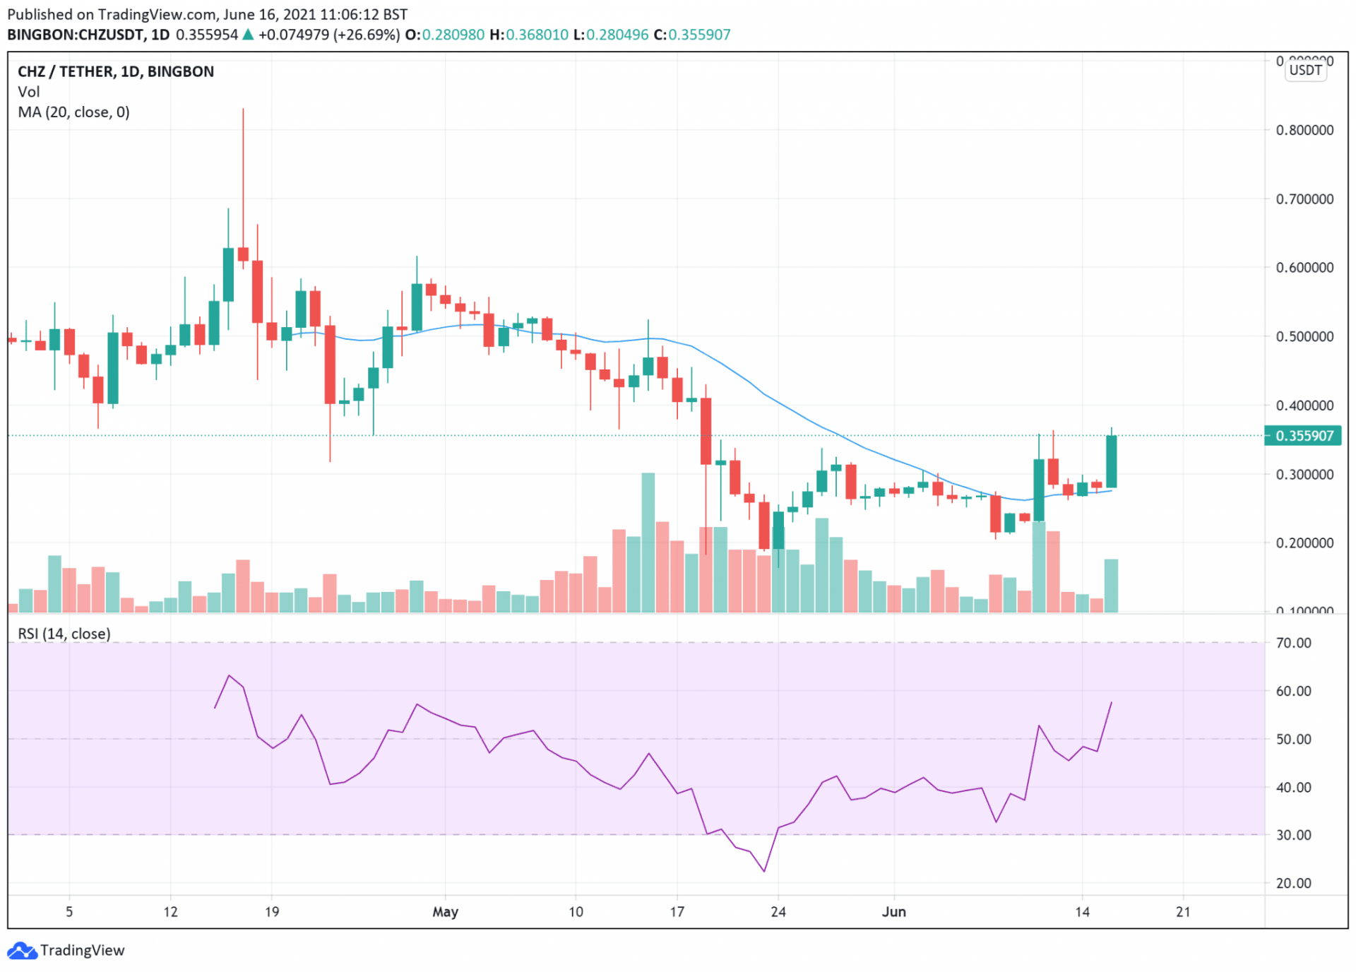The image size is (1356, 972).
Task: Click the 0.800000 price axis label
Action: (x=1304, y=130)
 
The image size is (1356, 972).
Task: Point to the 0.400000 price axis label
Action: (x=1304, y=405)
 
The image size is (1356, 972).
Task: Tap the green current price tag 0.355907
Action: (x=1304, y=436)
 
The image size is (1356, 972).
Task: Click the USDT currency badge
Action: (x=1304, y=70)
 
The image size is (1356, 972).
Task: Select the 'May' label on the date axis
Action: (x=445, y=912)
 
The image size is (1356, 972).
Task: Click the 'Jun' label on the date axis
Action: (x=893, y=912)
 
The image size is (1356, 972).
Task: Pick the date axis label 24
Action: (x=778, y=912)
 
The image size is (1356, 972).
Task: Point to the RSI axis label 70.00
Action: (x=1293, y=643)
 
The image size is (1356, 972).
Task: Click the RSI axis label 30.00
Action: (x=1293, y=835)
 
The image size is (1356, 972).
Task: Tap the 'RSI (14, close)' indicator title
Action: (x=64, y=634)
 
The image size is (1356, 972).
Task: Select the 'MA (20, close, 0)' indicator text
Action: (x=73, y=112)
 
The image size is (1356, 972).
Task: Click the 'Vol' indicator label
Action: (x=28, y=92)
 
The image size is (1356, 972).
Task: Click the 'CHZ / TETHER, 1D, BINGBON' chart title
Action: (x=115, y=71)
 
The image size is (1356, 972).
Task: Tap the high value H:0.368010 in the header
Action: (x=529, y=35)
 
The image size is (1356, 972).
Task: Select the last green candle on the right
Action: (x=1111, y=461)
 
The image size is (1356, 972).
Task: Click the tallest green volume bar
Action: (x=648, y=542)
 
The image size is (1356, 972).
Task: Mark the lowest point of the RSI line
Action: (x=764, y=871)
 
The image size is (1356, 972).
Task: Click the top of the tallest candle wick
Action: (x=243, y=109)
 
